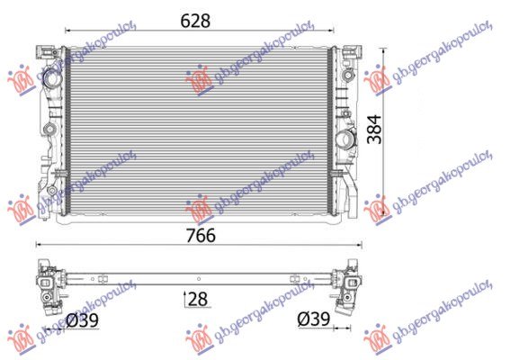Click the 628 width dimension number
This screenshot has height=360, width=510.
(195, 21)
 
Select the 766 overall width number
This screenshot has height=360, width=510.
(201, 235)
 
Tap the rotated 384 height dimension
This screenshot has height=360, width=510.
(374, 130)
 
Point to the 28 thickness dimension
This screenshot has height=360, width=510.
(198, 299)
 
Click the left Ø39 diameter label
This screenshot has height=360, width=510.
(82, 320)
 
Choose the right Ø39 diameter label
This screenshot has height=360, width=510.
(314, 319)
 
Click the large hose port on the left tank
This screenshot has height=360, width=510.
(51, 77)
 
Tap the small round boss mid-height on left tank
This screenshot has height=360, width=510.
(49, 130)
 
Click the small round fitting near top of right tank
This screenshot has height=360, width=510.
(348, 76)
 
